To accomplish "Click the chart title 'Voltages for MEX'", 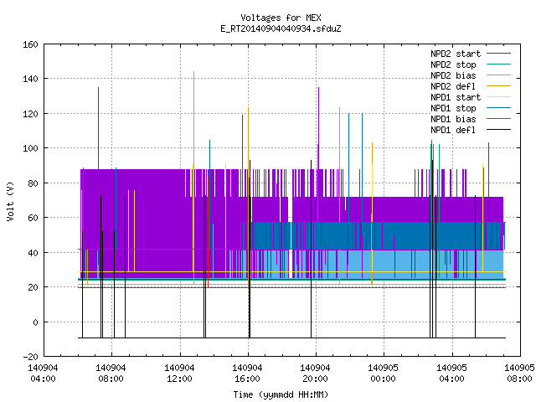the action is coord(281,18).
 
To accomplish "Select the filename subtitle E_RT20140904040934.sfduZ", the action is coord(281,28).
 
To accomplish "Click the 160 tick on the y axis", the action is coord(30,44).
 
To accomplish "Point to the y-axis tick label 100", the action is coord(30,148).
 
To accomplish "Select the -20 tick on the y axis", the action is coord(30,357).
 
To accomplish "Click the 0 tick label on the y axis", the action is coord(35,322).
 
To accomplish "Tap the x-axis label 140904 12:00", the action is coord(179,374).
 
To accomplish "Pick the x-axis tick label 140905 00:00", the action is coord(384,374).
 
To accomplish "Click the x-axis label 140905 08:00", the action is coord(519,374).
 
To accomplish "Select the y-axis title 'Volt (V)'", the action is coord(10,201).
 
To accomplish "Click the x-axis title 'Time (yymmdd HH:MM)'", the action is coord(281,394).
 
